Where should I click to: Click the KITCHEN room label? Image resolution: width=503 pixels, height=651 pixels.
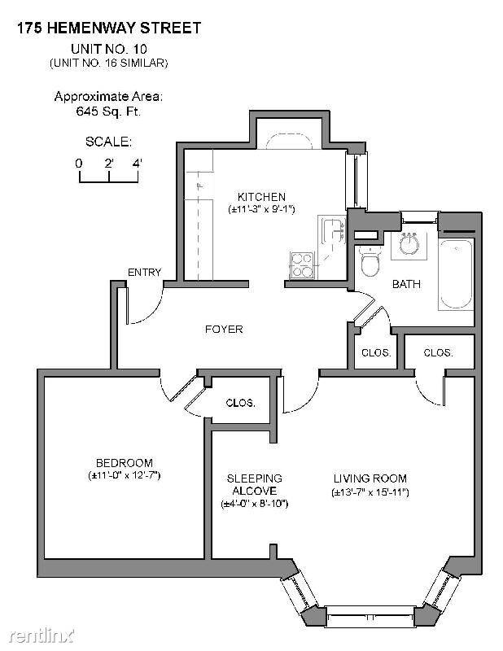[261, 196]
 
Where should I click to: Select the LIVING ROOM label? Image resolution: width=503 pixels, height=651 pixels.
[370, 478]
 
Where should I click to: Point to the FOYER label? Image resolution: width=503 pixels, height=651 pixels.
[224, 330]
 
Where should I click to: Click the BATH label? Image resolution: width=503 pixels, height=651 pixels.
[406, 284]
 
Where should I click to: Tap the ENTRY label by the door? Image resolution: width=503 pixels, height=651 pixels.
[145, 273]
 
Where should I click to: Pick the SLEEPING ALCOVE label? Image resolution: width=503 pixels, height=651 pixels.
[255, 484]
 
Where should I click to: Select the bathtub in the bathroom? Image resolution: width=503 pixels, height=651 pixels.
[456, 274]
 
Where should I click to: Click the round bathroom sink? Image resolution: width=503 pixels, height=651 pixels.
[409, 245]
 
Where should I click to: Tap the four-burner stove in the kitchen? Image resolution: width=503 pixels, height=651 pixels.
[302, 265]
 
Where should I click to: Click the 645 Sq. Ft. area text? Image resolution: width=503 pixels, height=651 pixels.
[108, 111]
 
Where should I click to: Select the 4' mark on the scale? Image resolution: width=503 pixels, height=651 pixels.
[137, 164]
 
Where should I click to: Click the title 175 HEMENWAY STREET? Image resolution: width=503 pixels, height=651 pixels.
[109, 28]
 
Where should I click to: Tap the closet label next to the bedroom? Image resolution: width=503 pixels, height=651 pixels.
[240, 403]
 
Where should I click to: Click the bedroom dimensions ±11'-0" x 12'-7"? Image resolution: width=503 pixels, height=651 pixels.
[125, 475]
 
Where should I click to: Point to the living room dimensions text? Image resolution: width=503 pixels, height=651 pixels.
[370, 492]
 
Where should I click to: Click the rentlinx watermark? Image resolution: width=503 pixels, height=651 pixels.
[42, 636]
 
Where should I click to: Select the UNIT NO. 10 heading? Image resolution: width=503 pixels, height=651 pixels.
[109, 49]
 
